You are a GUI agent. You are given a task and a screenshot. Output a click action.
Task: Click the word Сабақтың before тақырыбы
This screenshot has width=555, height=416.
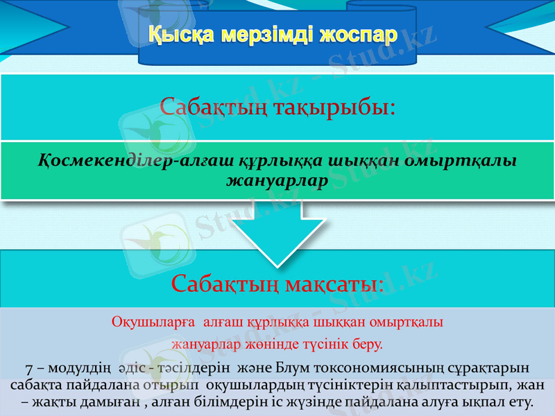point(213,107)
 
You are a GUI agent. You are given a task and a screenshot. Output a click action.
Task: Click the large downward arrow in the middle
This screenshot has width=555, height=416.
point(277,239)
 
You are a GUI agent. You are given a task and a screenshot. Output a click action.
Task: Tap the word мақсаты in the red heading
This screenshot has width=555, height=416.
point(338,284)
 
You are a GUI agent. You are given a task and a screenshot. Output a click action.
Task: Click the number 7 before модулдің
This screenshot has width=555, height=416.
point(28,367)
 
